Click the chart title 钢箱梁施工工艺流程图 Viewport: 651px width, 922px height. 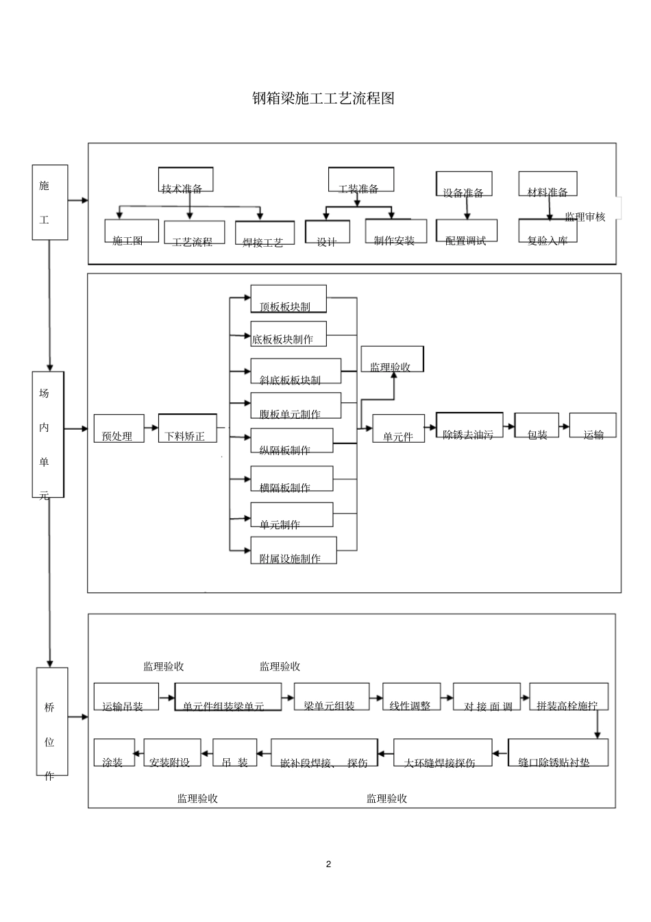tap(323, 99)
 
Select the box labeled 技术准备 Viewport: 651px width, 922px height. tap(185, 180)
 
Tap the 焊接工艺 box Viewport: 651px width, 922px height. tap(265, 233)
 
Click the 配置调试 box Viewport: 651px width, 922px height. tap(466, 232)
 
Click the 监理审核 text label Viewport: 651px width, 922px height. tap(585, 217)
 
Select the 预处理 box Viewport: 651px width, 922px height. tap(119, 428)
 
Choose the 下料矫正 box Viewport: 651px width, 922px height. tap(187, 428)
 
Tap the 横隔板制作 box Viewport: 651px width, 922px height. tap(291, 479)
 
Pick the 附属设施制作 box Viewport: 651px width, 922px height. tap(293, 550)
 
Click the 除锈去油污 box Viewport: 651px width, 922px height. tap(469, 426)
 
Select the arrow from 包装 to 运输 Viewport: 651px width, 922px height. tap(564, 426)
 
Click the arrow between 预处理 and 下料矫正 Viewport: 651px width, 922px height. tap(151, 428)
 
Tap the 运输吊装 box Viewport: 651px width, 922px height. tap(125, 697)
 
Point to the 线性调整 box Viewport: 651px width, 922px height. tap(410, 697)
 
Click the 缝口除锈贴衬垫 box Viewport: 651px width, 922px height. tap(558, 753)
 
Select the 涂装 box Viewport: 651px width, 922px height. tap(114, 753)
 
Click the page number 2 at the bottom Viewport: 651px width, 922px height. tap(328, 864)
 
